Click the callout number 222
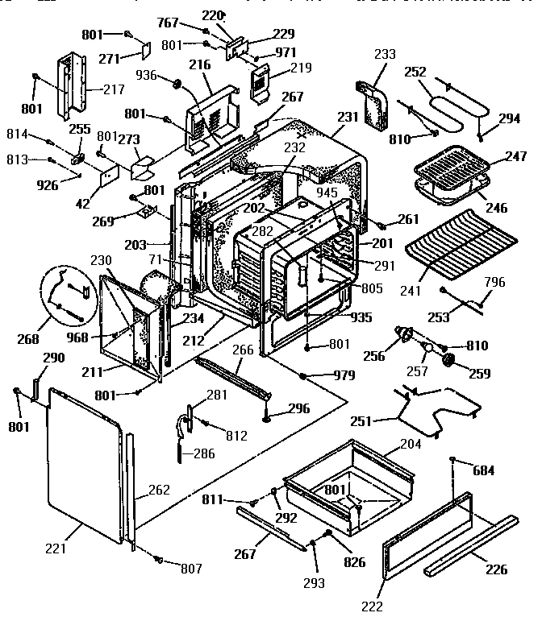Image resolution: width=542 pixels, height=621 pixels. (x=372, y=606)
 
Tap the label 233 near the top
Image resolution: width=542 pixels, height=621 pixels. (x=386, y=55)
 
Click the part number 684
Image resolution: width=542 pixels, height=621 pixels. (x=483, y=470)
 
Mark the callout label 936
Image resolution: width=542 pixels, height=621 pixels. (x=147, y=75)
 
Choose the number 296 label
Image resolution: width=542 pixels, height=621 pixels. (x=298, y=408)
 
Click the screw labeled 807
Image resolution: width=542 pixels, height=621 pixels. (x=158, y=558)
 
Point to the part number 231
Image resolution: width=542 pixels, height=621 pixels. (x=348, y=117)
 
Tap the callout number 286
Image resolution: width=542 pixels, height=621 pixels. (x=203, y=453)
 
